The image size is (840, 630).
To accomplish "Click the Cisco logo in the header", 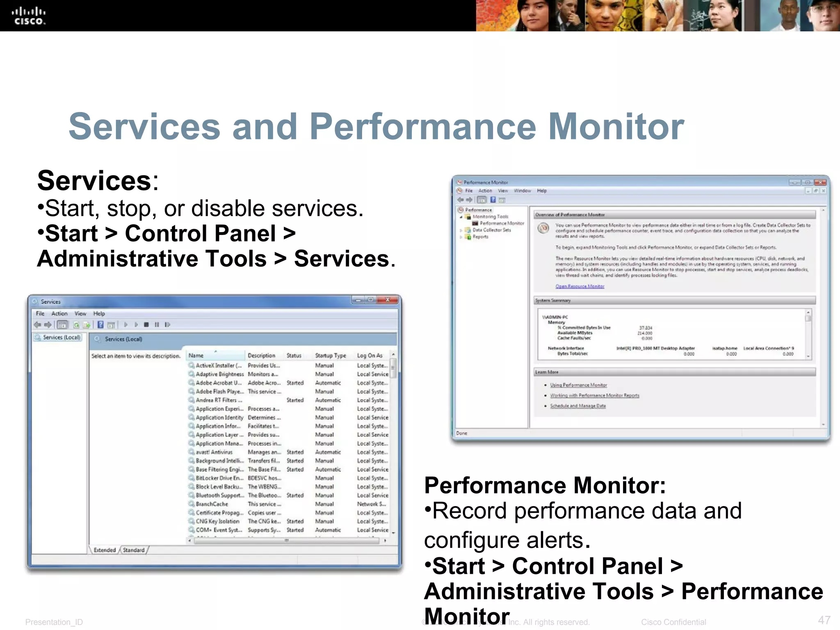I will pos(28,16).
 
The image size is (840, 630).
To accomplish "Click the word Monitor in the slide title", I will pos(616,127).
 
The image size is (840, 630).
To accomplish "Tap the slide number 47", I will pos(824,620).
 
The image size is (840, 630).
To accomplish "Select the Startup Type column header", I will pos(330,356).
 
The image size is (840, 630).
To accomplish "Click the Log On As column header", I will pos(370,356).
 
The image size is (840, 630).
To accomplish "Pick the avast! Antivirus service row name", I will pos(214,452).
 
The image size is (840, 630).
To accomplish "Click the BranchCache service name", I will pos(212,504).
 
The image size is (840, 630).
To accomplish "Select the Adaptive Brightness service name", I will pos(219,374).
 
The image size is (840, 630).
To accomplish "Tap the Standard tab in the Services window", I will pos(134,550).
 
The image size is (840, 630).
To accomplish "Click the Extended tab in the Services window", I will pos(105,550).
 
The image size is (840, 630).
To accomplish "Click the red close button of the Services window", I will pos(387,300).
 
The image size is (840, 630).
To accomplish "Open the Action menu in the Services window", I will pos(59,314).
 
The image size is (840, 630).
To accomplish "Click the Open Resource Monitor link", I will pos(580,286).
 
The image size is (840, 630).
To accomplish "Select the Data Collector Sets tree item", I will pos(491,230).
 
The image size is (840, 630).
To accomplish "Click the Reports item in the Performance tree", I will pos(480,237).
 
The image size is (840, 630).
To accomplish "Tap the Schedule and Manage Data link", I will pos(577,406).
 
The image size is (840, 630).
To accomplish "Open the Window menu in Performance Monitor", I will pos(522,191).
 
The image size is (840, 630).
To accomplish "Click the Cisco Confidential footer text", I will pos(673,622).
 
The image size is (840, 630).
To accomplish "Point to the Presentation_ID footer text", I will pos(54,622).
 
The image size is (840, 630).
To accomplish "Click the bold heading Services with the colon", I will pos(98,181).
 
